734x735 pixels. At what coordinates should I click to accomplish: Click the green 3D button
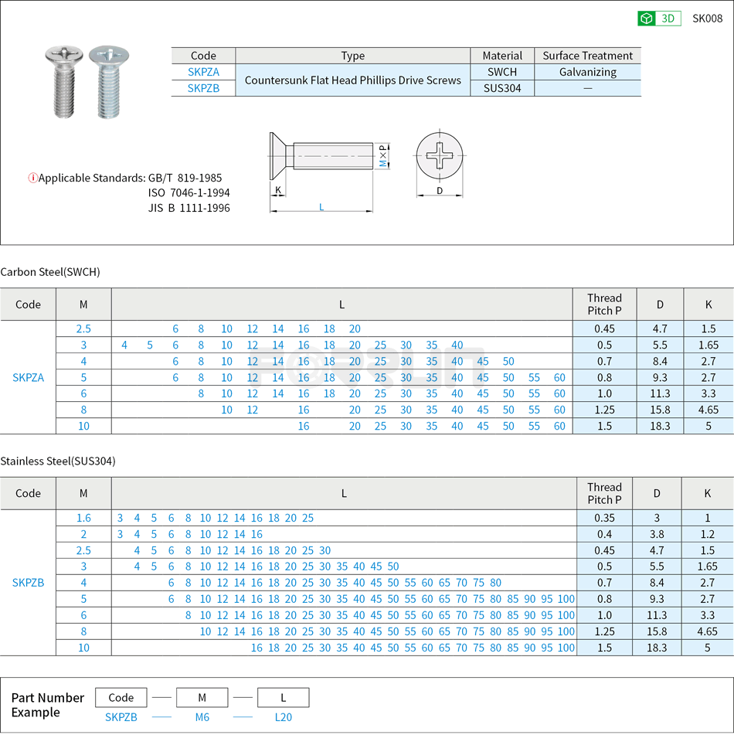(x=658, y=19)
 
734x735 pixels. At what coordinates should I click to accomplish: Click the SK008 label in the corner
(x=706, y=19)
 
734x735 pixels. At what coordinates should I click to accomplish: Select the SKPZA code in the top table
(x=203, y=72)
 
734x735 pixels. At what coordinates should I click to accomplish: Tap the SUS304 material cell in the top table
(x=502, y=88)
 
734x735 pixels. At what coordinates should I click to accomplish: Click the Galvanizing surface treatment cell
(x=587, y=72)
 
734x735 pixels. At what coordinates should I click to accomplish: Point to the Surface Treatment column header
(x=587, y=56)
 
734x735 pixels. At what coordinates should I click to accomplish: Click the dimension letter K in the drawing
(x=278, y=190)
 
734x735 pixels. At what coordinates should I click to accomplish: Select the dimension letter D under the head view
(x=440, y=190)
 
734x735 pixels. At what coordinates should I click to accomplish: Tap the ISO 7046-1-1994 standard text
(x=189, y=192)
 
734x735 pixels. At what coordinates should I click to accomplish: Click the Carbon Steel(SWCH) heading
(x=50, y=272)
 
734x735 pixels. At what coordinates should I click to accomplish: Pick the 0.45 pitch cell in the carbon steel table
(x=604, y=328)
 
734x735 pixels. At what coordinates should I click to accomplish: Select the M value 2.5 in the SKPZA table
(x=83, y=328)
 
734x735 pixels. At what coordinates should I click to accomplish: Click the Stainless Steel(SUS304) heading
(x=58, y=461)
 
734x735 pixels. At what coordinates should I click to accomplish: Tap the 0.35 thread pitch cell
(x=605, y=518)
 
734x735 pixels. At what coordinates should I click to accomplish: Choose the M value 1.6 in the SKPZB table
(x=83, y=518)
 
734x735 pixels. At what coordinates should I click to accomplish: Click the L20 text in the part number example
(x=284, y=717)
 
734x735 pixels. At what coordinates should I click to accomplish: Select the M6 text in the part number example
(x=202, y=717)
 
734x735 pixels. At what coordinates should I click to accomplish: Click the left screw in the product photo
(x=63, y=81)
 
